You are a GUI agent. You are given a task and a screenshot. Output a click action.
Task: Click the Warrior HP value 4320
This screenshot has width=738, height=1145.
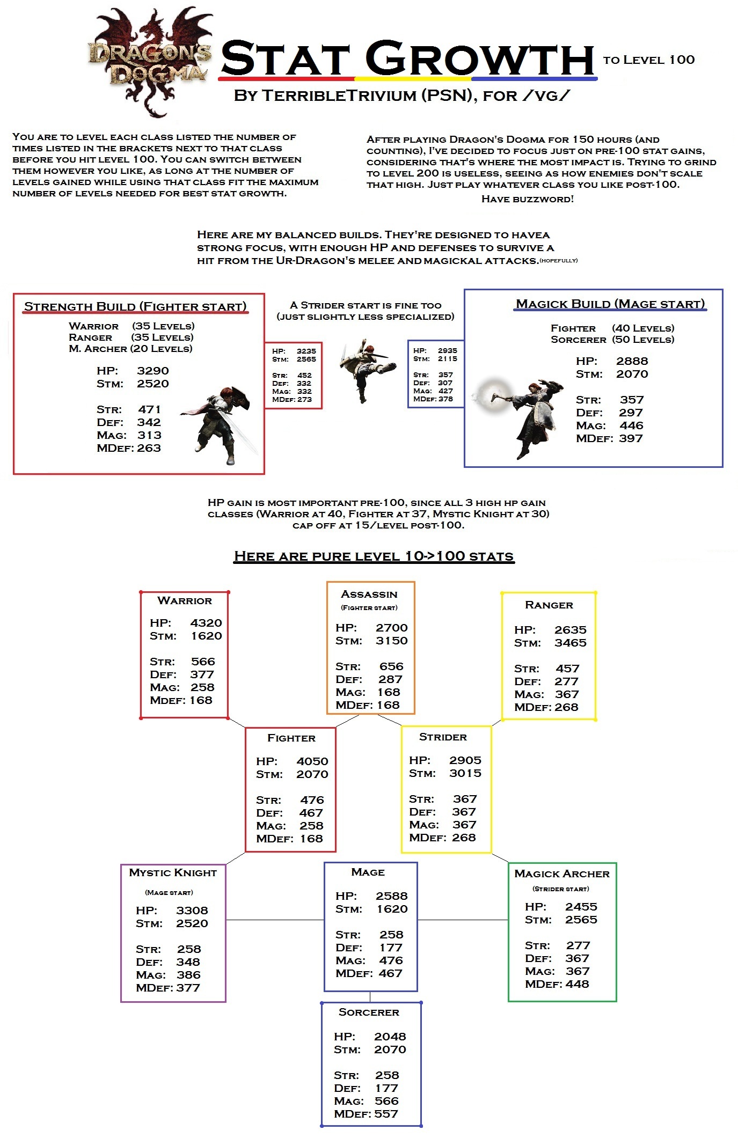coord(206,623)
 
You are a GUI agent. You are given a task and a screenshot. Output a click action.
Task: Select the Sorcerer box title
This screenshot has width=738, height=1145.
coord(369,1012)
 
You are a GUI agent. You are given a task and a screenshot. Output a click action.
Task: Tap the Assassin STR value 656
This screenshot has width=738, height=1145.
coord(391,666)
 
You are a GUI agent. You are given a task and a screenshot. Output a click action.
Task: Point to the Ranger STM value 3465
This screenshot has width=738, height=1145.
coord(571,643)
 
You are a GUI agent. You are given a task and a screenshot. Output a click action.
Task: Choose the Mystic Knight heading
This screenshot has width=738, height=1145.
coord(173,873)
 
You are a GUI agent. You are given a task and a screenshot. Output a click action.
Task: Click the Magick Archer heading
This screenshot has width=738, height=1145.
coord(562,874)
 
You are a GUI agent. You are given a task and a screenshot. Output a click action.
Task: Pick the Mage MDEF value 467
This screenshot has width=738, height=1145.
coord(390,973)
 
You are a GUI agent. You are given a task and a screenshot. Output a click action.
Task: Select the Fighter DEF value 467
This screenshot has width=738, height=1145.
coord(311,813)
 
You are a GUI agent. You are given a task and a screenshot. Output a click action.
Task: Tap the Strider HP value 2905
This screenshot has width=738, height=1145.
coord(465,760)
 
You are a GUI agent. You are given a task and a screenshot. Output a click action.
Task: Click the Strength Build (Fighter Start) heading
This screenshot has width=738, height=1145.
coord(135,306)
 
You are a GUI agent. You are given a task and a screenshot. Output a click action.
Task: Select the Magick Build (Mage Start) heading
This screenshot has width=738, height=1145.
coord(610,304)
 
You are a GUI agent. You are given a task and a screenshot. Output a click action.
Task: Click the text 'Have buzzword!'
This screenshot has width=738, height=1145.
coord(528,199)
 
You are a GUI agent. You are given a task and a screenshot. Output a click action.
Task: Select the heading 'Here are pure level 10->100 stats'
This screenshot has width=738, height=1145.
coord(374,556)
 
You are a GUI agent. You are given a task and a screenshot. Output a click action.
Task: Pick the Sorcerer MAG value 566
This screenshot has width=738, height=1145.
coord(386,1101)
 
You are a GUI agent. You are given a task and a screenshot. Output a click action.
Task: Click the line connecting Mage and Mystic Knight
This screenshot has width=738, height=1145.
coord(275,920)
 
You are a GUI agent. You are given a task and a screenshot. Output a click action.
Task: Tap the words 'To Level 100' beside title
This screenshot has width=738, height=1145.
coord(649,60)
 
